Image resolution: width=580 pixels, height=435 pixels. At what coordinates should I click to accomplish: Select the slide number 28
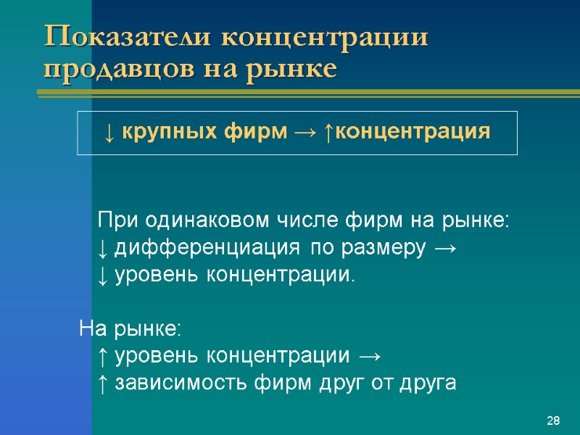[554, 421]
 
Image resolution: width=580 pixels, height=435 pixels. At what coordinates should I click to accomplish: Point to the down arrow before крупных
[108, 133]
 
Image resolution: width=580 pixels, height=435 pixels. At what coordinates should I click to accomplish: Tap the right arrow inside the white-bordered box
[304, 133]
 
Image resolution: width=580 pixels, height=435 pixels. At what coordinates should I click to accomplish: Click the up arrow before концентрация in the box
[328, 133]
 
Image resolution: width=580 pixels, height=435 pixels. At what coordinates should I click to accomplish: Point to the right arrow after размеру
[444, 248]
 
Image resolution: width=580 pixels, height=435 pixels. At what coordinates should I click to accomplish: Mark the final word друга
[427, 384]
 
